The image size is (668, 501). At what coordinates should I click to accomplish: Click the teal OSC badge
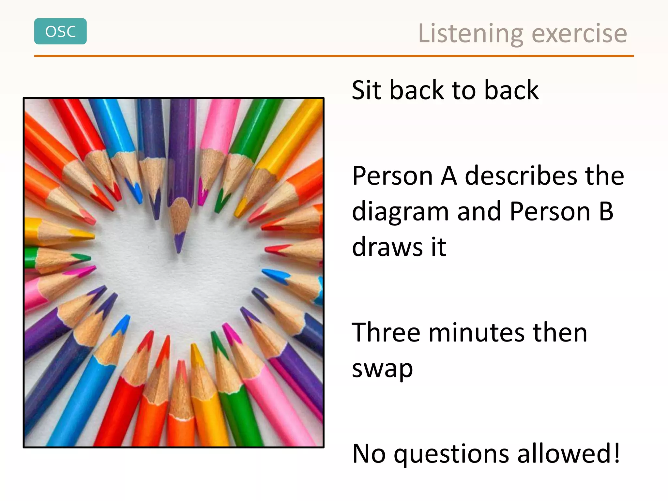pos(60,31)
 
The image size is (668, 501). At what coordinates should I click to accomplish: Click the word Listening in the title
pos(471,34)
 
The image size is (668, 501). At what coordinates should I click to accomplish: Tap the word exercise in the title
pos(579,34)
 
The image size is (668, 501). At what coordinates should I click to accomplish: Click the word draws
pos(387,247)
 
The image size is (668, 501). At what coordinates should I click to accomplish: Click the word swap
pos(382,370)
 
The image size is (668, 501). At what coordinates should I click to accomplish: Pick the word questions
pos(451,454)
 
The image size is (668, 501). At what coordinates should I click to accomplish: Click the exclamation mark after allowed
pos(616,453)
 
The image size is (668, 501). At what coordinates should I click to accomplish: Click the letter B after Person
pos(606,211)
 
